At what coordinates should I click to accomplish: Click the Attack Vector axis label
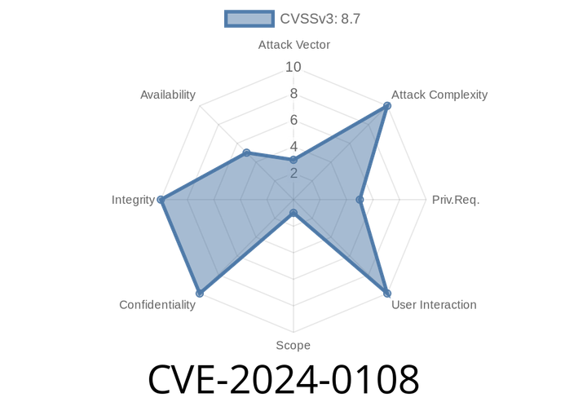click(x=293, y=45)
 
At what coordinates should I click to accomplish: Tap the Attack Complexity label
click(x=439, y=95)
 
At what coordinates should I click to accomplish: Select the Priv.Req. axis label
click(x=456, y=200)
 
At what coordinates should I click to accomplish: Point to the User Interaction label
click(x=433, y=305)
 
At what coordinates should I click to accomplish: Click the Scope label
click(x=293, y=346)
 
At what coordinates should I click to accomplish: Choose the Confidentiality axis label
click(x=157, y=305)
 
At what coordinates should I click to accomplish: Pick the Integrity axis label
click(x=133, y=200)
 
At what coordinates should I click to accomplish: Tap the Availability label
click(x=168, y=95)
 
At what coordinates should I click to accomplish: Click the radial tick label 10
click(x=293, y=67)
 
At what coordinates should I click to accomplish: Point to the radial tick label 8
click(x=293, y=94)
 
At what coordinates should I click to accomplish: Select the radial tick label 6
click(x=293, y=120)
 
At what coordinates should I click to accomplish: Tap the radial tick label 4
click(x=293, y=147)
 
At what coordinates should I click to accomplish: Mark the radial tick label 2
click(x=293, y=173)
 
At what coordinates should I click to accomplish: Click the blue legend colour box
click(x=249, y=19)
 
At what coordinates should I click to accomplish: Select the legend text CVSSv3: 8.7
click(x=320, y=19)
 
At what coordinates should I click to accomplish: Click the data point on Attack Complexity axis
click(x=387, y=105)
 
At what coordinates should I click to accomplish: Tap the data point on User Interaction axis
click(x=388, y=294)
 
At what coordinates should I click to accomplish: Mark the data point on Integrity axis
click(x=160, y=199)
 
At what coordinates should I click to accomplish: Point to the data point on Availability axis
click(x=246, y=152)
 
